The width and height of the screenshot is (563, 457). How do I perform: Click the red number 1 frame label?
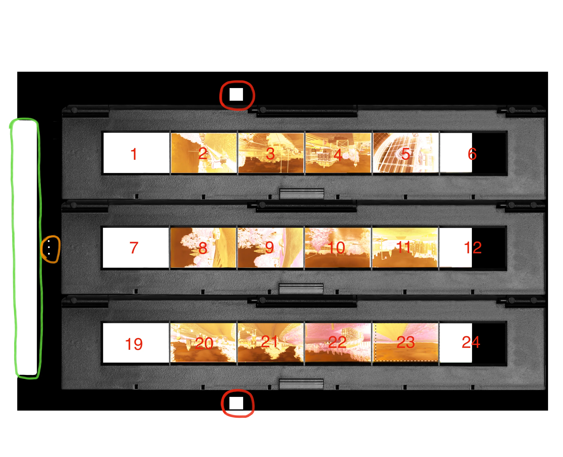click(x=134, y=154)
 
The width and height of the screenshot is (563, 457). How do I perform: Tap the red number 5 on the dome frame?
click(x=406, y=154)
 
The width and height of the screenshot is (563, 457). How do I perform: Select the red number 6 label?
click(x=472, y=154)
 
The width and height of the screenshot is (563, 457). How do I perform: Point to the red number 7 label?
click(x=134, y=248)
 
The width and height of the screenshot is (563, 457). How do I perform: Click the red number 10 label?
click(x=336, y=248)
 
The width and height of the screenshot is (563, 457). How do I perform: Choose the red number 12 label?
click(x=473, y=248)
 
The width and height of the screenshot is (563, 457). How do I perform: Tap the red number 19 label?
click(x=134, y=344)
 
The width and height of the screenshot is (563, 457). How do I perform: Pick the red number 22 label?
click(x=337, y=342)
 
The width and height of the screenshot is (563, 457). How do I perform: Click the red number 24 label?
click(x=471, y=342)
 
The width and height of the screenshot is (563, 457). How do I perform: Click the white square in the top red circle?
click(x=236, y=94)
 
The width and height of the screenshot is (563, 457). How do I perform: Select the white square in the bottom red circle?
click(x=236, y=403)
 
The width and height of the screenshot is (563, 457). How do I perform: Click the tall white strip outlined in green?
click(x=26, y=247)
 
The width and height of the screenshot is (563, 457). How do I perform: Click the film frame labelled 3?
click(x=271, y=153)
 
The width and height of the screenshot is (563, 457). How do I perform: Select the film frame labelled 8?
click(x=203, y=248)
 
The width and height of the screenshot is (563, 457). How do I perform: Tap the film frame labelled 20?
click(x=203, y=343)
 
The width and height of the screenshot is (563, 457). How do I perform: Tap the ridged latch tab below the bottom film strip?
click(x=301, y=384)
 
